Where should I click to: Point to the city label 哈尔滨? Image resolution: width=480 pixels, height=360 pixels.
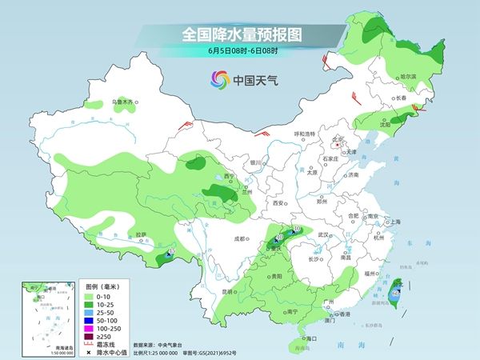(x=407, y=76)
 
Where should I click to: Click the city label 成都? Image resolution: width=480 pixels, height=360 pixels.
(x=240, y=238)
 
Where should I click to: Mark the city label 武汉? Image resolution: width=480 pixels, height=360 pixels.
(x=324, y=234)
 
